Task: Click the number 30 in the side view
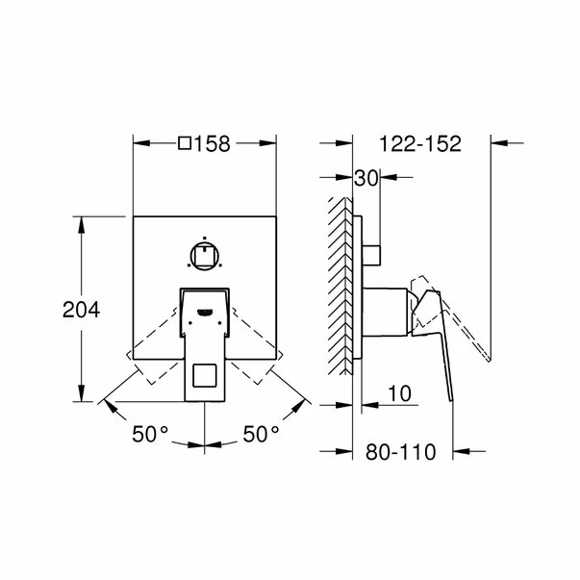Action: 366,178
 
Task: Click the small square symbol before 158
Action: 185,144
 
